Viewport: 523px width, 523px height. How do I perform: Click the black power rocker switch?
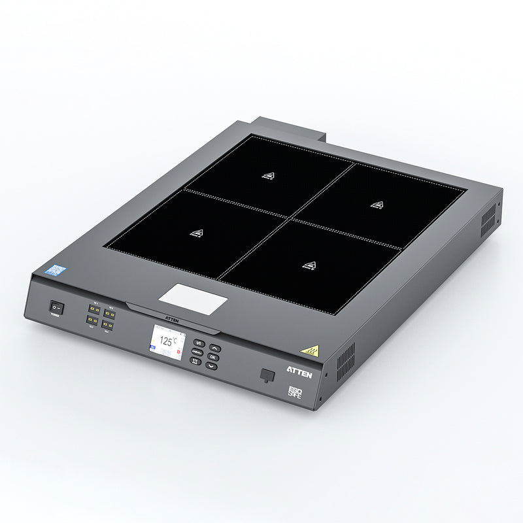pos(57,306)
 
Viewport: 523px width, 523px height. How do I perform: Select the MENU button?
pos(197,352)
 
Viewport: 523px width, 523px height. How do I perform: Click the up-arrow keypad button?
pos(215,348)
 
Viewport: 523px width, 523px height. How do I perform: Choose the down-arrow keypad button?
pos(211,365)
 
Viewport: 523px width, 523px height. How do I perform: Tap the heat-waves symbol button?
pos(195,361)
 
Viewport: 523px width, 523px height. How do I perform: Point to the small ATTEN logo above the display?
pos(172,321)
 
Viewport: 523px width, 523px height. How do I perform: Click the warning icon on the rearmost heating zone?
pos(268,176)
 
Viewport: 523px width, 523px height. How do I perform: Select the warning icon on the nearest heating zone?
pos(309,265)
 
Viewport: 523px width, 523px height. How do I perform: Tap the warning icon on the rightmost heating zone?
pos(377,205)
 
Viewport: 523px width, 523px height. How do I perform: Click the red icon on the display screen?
pos(178,352)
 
